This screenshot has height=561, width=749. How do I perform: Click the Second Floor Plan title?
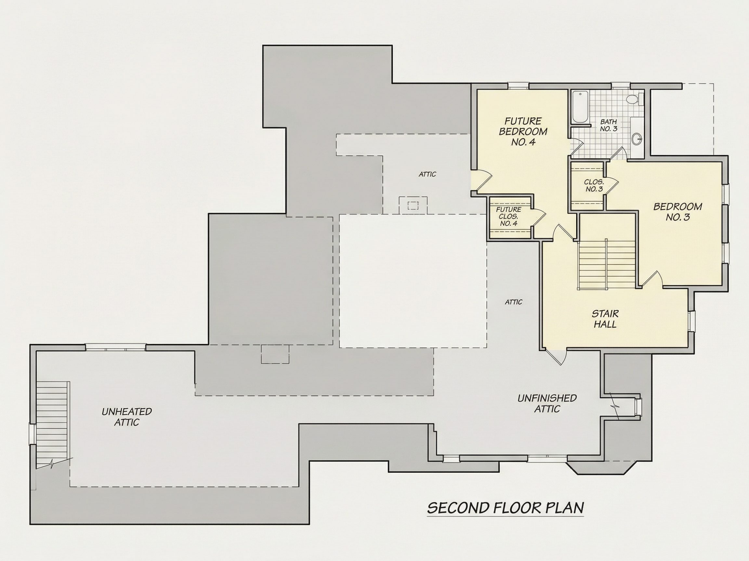click(x=506, y=518)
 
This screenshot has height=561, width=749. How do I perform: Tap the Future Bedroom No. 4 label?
click(x=523, y=131)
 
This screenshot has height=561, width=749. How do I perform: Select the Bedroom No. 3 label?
click(x=678, y=211)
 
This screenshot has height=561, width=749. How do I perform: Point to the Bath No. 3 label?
click(x=609, y=125)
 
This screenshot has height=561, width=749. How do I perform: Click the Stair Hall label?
click(x=605, y=319)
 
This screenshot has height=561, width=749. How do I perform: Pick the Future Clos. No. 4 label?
click(x=508, y=217)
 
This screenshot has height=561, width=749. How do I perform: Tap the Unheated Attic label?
click(x=127, y=417)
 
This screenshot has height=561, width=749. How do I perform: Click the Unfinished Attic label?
click(x=547, y=403)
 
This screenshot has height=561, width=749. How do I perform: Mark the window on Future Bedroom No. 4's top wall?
click(x=519, y=86)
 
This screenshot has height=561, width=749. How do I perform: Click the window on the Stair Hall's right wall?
click(x=691, y=321)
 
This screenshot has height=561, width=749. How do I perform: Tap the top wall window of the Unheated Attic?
click(x=115, y=348)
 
